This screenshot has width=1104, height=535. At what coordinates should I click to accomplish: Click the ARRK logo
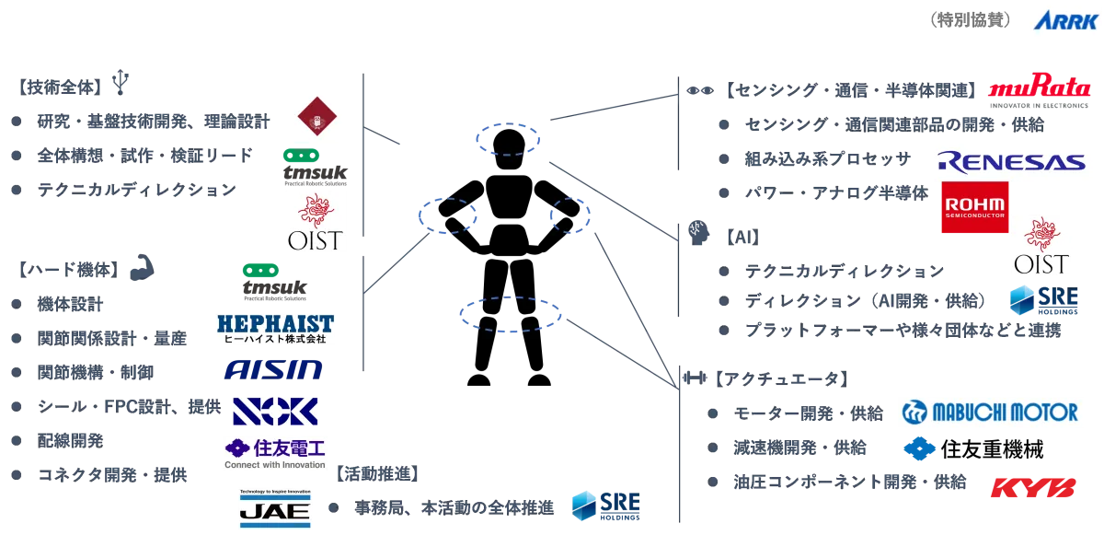tap(1063, 20)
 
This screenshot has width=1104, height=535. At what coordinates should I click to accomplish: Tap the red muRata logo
tap(1039, 88)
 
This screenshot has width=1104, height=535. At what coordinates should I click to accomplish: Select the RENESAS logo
tap(1011, 162)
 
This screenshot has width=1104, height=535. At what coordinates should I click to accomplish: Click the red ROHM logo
tap(974, 202)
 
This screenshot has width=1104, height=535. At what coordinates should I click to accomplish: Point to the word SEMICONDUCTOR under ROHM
tap(974, 218)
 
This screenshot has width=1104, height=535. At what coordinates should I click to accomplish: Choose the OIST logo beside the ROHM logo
tap(1041, 247)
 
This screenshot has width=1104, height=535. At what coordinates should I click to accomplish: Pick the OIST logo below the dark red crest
tap(316, 224)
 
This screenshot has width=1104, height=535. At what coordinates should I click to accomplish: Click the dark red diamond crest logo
tap(316, 118)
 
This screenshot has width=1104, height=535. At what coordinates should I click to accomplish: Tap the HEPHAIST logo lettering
tap(275, 322)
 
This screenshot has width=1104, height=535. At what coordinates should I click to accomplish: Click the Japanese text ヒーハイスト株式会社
tap(275, 338)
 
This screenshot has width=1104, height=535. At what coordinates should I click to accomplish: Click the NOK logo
tap(276, 410)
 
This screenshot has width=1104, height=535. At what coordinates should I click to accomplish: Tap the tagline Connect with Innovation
tap(276, 464)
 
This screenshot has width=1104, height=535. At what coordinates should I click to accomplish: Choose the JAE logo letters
tap(276, 513)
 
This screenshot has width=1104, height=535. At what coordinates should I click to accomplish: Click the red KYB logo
tap(1031, 486)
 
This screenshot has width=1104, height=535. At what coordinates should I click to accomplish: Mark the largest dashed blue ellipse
tap(510, 314)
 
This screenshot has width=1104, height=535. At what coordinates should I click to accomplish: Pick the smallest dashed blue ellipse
tap(568, 215)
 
